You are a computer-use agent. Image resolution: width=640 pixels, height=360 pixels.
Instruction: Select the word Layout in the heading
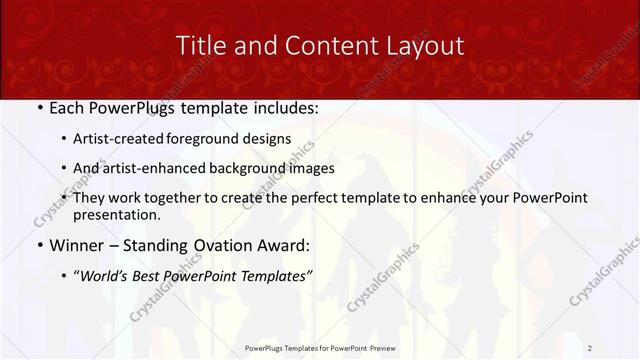coord(426,45)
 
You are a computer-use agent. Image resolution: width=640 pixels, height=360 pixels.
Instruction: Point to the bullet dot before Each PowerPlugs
coord(39,108)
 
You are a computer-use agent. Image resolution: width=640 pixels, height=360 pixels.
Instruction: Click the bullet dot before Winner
coord(39,244)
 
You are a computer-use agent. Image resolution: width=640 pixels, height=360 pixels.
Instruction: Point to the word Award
coord(284,244)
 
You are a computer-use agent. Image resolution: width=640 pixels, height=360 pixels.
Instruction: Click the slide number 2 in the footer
coord(590,347)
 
